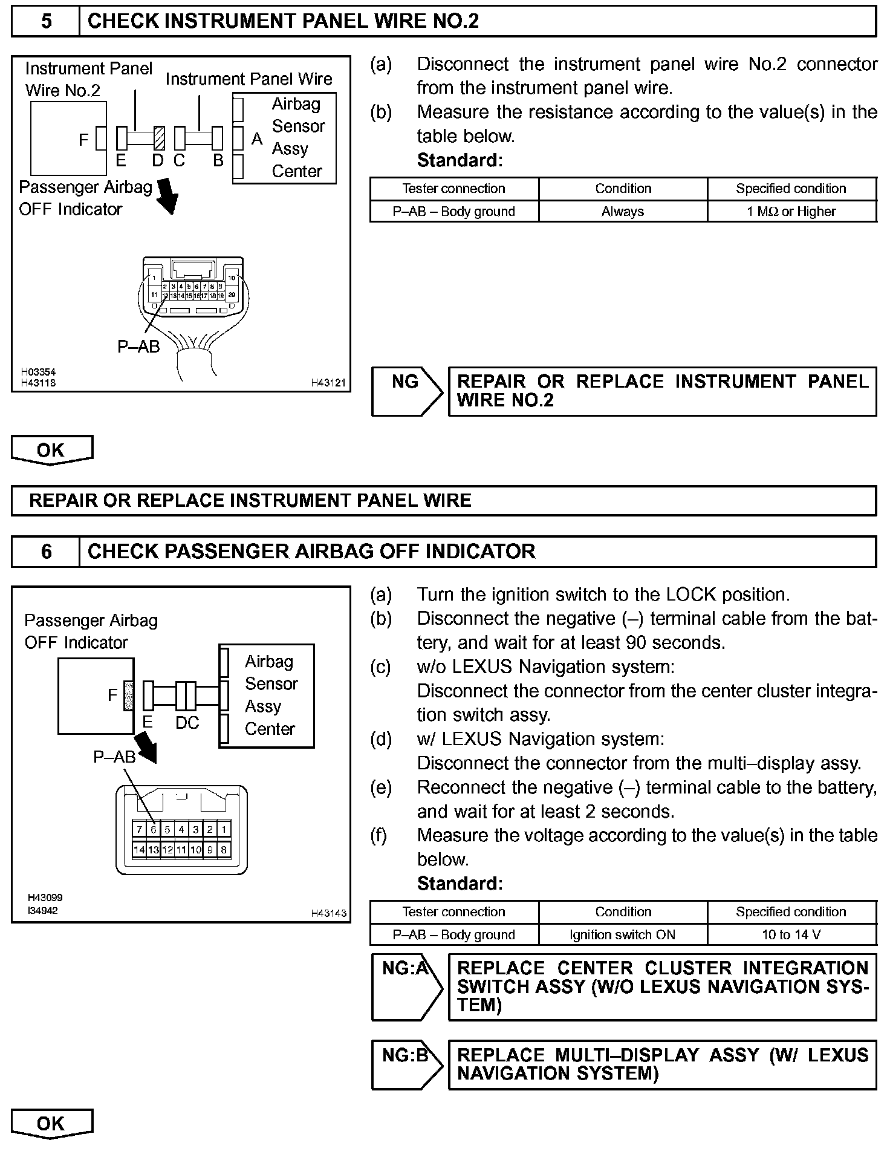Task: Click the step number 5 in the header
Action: (x=46, y=22)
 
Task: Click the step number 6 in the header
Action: (x=46, y=552)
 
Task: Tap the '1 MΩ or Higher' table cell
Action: (x=791, y=212)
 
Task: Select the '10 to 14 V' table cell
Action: (x=791, y=934)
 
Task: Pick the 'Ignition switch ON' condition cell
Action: (x=623, y=934)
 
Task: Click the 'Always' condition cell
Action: (x=623, y=212)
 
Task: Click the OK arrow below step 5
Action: (x=51, y=451)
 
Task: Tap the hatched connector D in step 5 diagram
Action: (x=159, y=138)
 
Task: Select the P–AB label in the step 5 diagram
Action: (x=138, y=347)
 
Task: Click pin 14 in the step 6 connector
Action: (x=139, y=850)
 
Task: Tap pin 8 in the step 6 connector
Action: (x=224, y=850)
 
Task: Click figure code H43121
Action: (x=328, y=382)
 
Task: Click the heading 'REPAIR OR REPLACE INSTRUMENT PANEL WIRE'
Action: (x=250, y=501)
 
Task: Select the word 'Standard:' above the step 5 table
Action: (x=460, y=160)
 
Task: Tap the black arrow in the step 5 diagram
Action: (x=168, y=195)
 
